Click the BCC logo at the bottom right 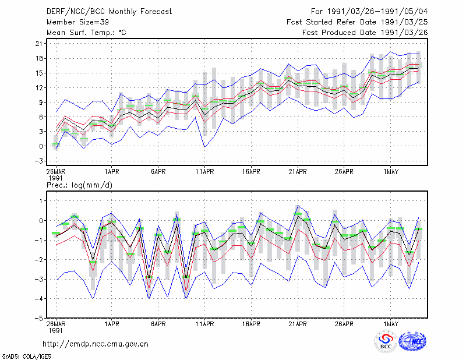click(386, 341)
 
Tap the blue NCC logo click(412, 341)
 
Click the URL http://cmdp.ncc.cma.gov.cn click(96, 344)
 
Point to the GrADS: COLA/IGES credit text click(26, 357)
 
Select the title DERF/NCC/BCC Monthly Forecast click(109, 12)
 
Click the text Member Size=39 click(77, 22)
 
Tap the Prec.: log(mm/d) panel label click(79, 185)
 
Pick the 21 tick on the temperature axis click(39, 44)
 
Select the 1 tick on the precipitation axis click(41, 201)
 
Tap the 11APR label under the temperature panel click(205, 172)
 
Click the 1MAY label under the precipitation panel click(390, 324)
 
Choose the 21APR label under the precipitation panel click(298, 324)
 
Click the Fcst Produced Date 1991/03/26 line click(365, 33)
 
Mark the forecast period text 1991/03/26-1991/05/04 click(377, 12)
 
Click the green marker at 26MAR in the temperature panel click(55, 144)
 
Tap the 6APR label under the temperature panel click(158, 172)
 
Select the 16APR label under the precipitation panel click(251, 324)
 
